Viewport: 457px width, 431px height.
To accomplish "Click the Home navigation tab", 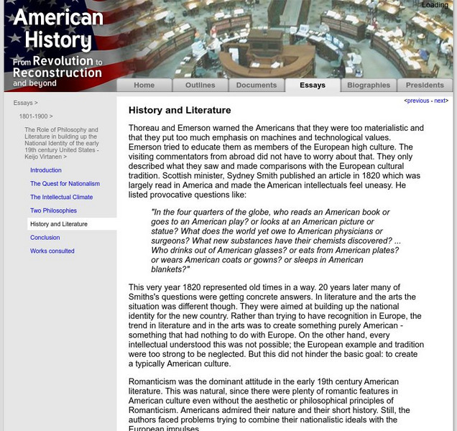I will click(x=144, y=85).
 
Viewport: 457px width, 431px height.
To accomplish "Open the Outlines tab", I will click(x=200, y=85).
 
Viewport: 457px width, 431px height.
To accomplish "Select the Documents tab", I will click(x=256, y=85).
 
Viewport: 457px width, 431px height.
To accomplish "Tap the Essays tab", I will click(x=313, y=85).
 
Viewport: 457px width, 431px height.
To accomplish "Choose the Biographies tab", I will click(x=369, y=85).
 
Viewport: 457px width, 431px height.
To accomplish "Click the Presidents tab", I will click(x=425, y=85).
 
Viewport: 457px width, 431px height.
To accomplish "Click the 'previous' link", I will click(x=418, y=101).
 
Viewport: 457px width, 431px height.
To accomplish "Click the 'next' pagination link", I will click(x=440, y=101).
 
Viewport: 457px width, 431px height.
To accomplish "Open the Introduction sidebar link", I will click(x=46, y=170).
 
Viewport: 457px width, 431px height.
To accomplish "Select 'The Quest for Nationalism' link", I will click(x=65, y=184).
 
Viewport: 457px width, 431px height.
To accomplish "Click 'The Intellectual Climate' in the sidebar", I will click(x=61, y=198).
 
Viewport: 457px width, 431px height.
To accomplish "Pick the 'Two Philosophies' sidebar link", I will click(x=53, y=211).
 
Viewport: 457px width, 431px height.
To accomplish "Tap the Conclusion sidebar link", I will click(x=45, y=238).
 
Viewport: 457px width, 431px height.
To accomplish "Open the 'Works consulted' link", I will click(x=52, y=251).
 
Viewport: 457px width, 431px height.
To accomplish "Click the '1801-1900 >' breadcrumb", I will click(x=36, y=116).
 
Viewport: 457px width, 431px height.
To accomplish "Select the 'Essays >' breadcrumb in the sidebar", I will click(x=26, y=103).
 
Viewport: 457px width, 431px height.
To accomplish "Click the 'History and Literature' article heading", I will click(x=180, y=111).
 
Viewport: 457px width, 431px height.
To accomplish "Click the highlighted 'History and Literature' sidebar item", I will click(x=59, y=224).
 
